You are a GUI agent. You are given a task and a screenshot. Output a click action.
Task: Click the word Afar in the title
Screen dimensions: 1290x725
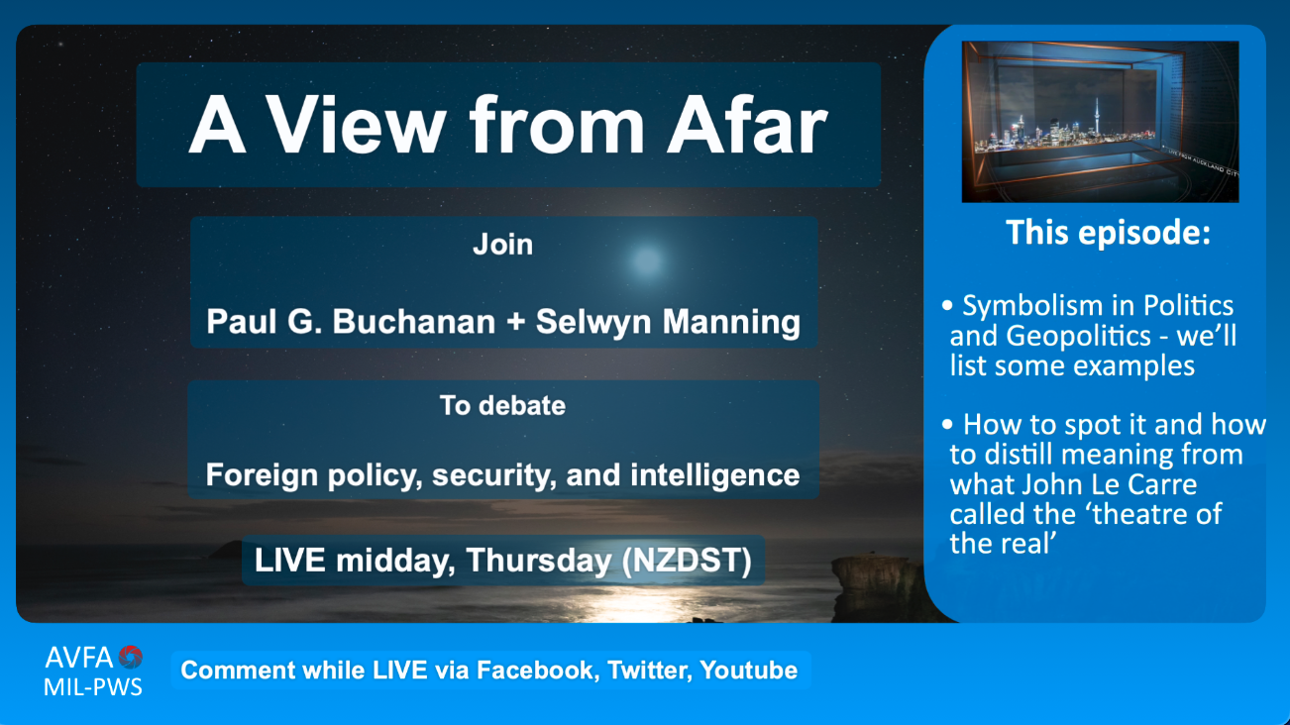(x=747, y=125)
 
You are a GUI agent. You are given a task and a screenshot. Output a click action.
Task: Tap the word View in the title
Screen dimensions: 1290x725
(x=356, y=125)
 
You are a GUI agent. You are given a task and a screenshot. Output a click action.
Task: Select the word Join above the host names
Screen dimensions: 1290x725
(x=502, y=245)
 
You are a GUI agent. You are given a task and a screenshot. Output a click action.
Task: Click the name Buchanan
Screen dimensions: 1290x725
(x=413, y=321)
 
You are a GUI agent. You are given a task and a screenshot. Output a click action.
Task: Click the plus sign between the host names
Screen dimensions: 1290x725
(x=516, y=322)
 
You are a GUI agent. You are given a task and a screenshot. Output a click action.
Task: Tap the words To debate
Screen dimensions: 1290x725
(x=502, y=405)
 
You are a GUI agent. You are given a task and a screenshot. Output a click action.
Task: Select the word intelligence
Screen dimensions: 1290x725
(x=714, y=475)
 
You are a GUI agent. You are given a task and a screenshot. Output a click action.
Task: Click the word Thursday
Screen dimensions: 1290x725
(x=539, y=561)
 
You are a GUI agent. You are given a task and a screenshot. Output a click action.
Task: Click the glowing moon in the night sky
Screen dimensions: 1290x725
(x=647, y=261)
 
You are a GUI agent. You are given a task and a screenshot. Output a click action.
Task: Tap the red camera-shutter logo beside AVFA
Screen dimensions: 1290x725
(x=130, y=657)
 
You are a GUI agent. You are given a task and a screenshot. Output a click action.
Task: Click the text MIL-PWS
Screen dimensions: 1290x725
(x=93, y=687)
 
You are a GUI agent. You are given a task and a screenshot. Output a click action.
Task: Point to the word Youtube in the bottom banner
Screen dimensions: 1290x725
(x=749, y=671)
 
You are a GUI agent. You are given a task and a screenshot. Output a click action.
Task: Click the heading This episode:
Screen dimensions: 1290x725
(x=1108, y=233)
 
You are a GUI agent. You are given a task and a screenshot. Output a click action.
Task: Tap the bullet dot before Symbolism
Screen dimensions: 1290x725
(x=947, y=305)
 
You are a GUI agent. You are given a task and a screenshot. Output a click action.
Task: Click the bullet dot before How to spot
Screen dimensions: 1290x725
(x=947, y=425)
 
